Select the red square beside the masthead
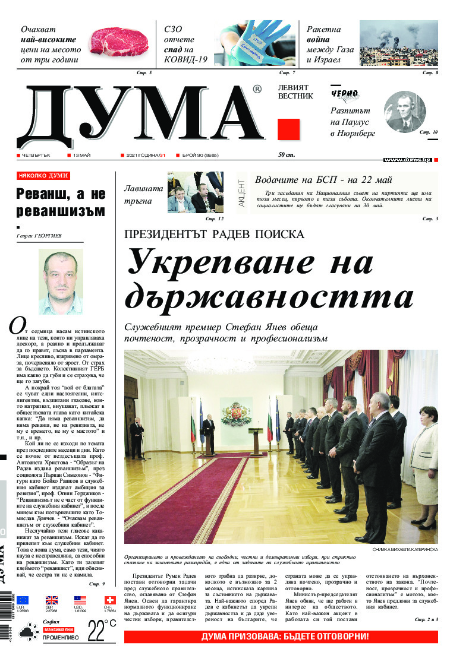click(x=288, y=129)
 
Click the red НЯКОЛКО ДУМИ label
click(x=43, y=176)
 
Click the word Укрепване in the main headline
click(x=250, y=262)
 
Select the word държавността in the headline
click(x=269, y=296)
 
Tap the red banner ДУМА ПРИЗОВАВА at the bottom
click(x=281, y=637)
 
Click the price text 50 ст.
click(x=286, y=156)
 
